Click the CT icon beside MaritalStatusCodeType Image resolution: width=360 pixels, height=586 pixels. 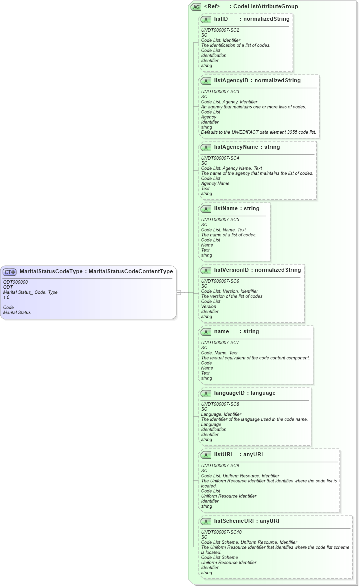point(10,272)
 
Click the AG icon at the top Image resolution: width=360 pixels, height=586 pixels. point(196,7)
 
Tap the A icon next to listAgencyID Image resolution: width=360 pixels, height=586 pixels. point(206,81)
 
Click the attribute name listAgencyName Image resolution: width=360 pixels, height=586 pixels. point(233,147)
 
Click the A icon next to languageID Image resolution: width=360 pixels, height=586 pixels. point(206,393)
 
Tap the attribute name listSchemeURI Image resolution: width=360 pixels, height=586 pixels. point(233,521)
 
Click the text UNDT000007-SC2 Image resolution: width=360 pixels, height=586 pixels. point(220,30)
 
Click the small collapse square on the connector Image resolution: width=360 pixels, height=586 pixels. point(178,292)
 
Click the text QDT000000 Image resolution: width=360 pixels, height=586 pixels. point(15,282)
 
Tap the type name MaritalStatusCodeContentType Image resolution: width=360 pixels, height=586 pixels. point(130,272)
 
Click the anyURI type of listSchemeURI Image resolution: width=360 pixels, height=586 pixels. point(270,521)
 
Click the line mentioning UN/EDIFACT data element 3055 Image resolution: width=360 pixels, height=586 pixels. point(259,132)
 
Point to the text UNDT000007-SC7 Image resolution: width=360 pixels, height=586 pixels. point(220,343)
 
